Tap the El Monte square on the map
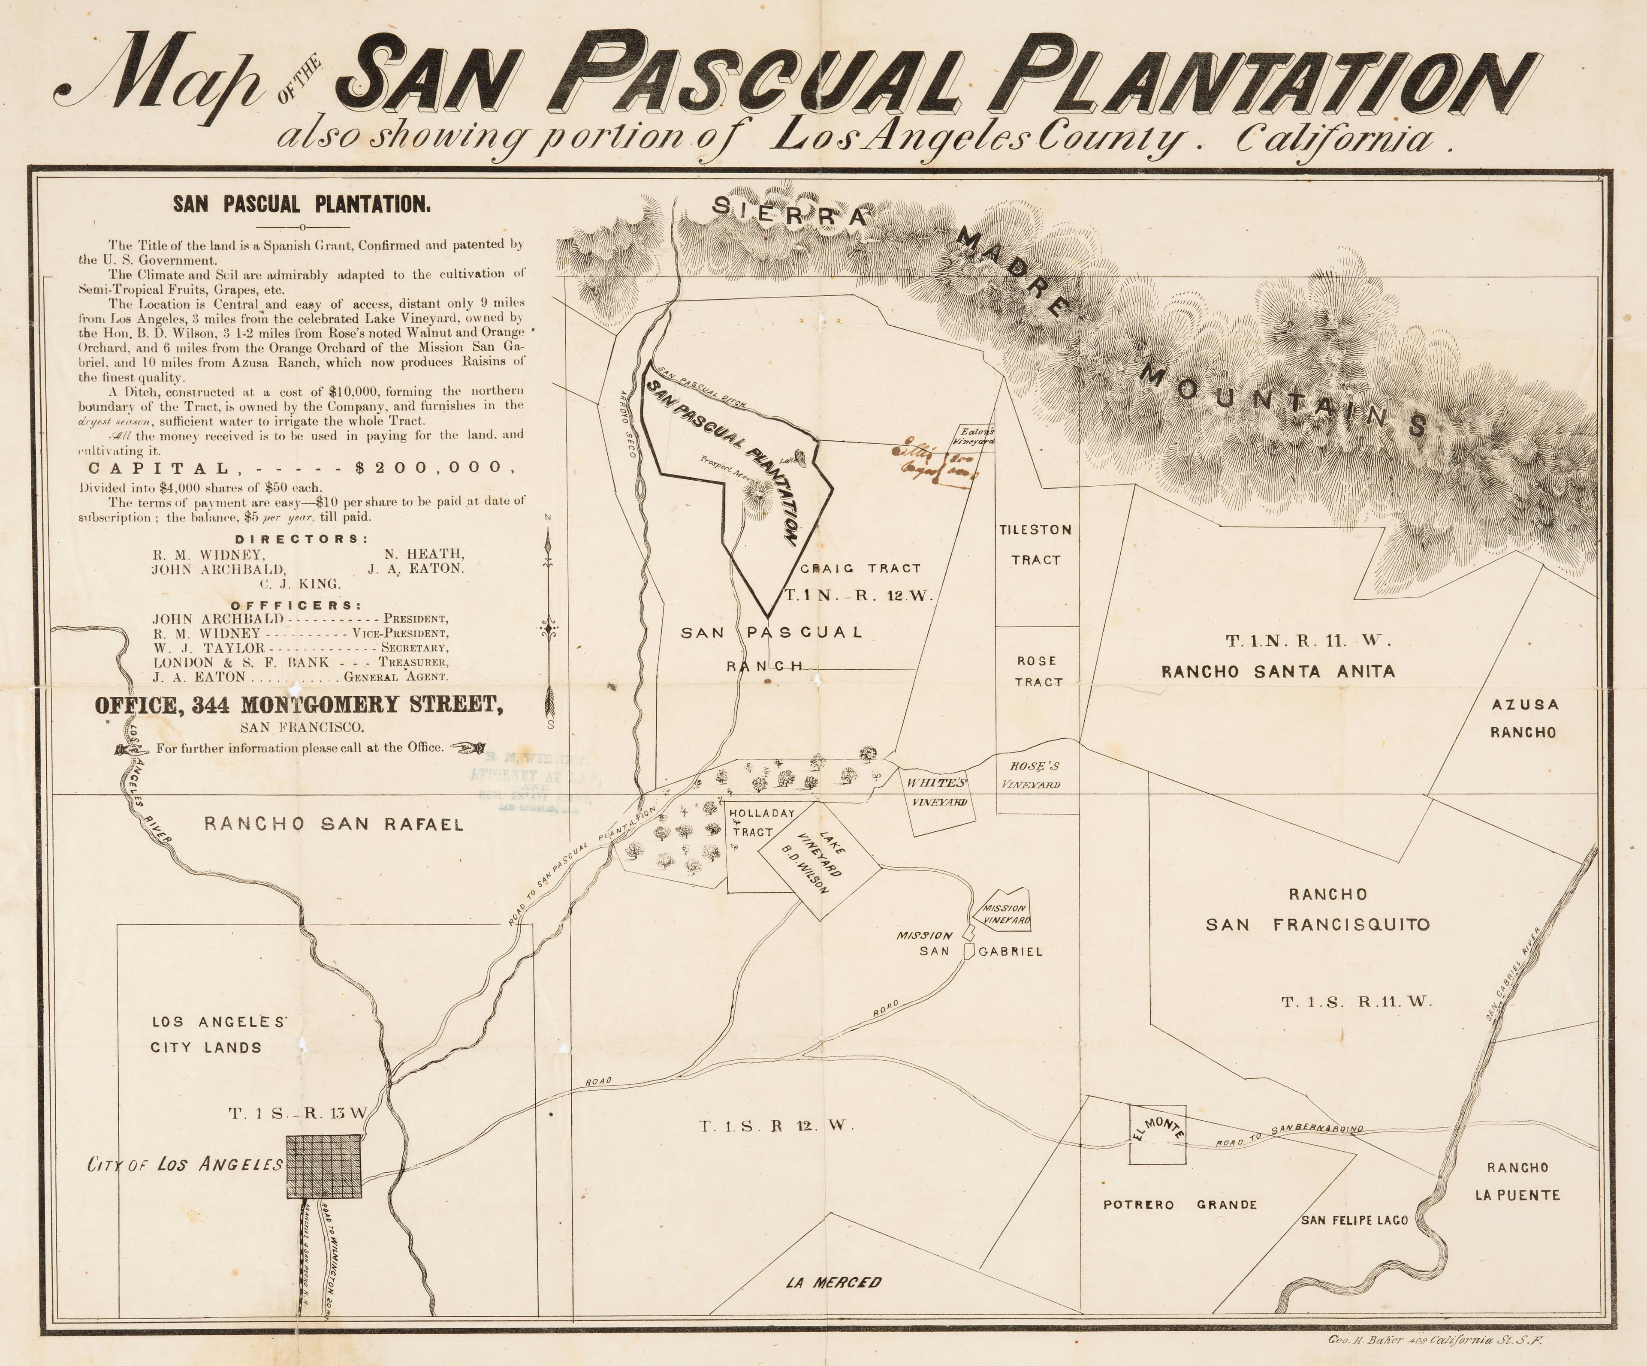[1157, 1134]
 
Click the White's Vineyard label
[938, 792]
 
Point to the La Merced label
[833, 1283]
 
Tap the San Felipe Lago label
[1354, 1220]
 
